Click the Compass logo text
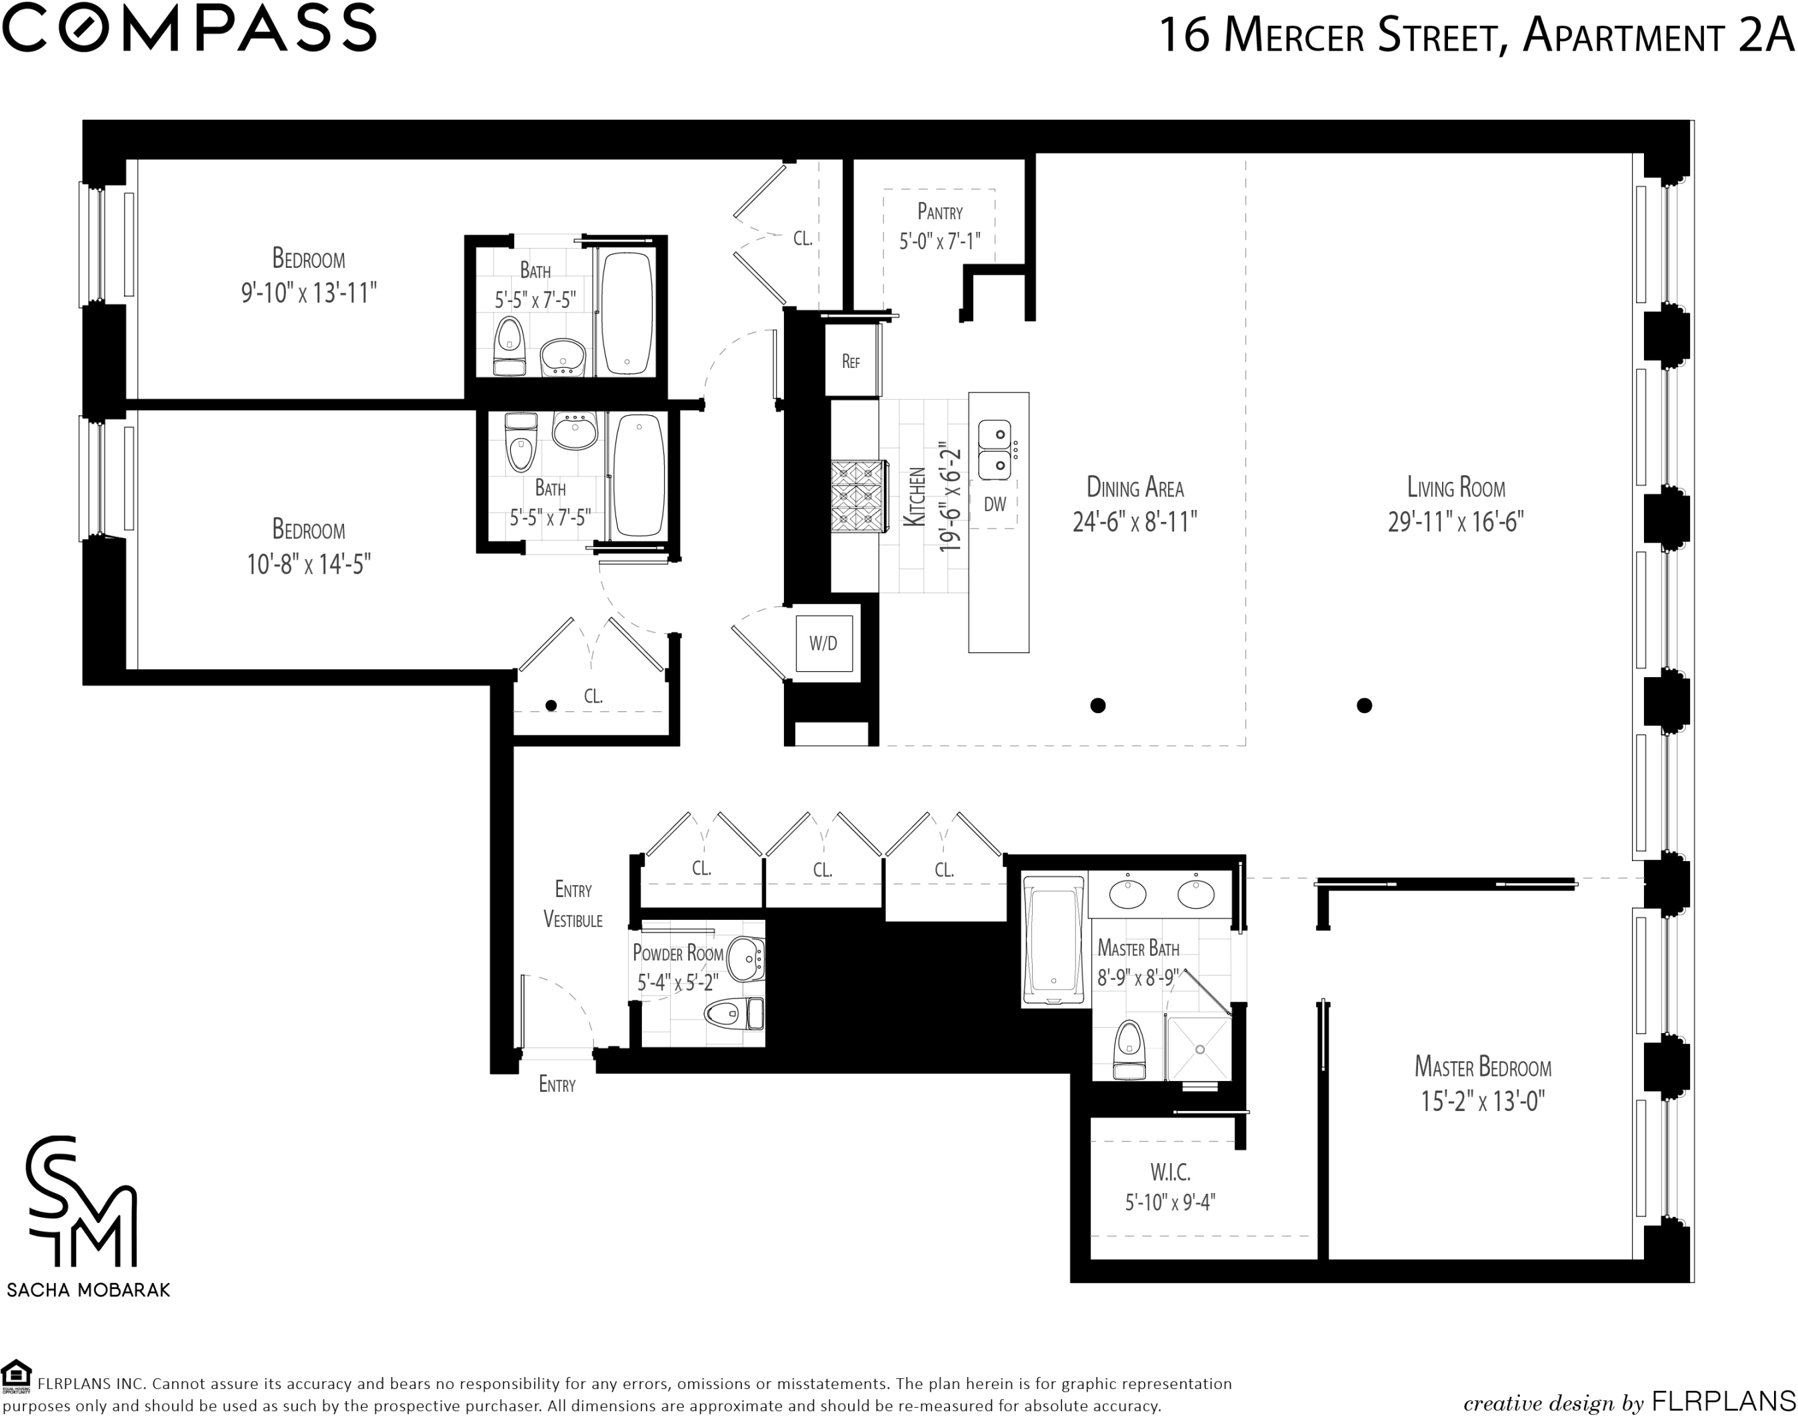[x=189, y=28]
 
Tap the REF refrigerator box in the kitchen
[x=851, y=360]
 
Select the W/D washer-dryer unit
[x=823, y=643]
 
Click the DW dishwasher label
[x=995, y=503]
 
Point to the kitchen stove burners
[x=855, y=496]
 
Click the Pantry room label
[x=940, y=212]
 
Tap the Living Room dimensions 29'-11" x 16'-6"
[x=1456, y=522]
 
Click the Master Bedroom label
[x=1483, y=1066]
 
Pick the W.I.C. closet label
[x=1171, y=1172]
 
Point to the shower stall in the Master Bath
[x=1199, y=1048]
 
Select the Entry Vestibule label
[x=573, y=904]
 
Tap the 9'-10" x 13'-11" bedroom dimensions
[x=309, y=293]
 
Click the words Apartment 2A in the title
[x=1657, y=37]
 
